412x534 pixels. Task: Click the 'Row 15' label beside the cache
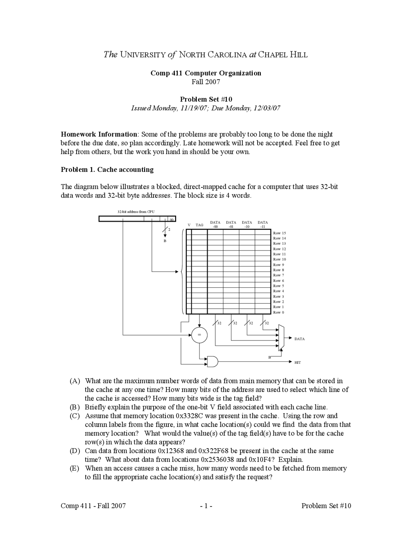(x=279, y=233)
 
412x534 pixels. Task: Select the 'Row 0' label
(x=278, y=312)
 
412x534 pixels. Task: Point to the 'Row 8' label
(x=278, y=270)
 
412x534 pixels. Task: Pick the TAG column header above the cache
(x=200, y=225)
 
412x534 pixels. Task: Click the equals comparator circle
(x=199, y=335)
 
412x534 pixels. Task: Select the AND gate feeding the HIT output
(x=212, y=361)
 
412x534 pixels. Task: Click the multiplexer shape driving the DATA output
(x=281, y=337)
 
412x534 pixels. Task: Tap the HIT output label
(x=297, y=362)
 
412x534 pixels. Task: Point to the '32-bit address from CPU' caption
(x=136, y=212)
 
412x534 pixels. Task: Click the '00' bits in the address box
(x=172, y=219)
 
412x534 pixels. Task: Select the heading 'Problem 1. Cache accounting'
(x=107, y=170)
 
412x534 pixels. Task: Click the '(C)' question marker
(x=75, y=416)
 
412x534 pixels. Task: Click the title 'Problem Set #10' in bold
(x=206, y=99)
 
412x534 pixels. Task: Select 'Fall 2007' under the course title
(x=206, y=82)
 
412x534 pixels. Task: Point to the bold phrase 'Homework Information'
(x=99, y=134)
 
